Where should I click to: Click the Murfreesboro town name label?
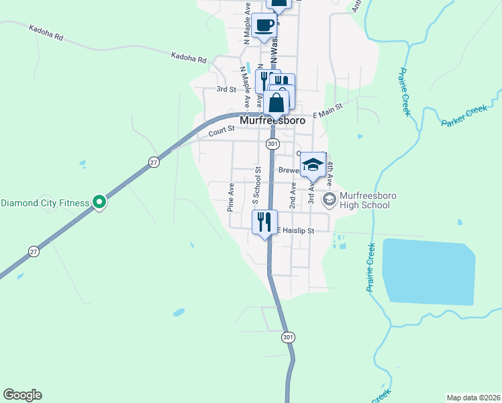click(x=272, y=121)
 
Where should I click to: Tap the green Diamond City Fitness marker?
click(x=99, y=201)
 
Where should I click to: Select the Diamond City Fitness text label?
click(x=45, y=203)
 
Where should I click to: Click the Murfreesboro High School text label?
click(x=364, y=199)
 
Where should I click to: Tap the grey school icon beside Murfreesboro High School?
click(x=330, y=199)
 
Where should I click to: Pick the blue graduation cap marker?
click(x=312, y=165)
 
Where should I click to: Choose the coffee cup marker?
click(x=264, y=26)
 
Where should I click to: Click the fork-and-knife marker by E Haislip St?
click(x=264, y=220)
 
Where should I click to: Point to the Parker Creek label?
click(x=464, y=116)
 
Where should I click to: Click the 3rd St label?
click(x=226, y=89)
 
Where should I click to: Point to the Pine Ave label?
click(x=231, y=197)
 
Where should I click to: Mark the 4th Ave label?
click(x=330, y=173)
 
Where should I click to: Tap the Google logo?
click(x=22, y=395)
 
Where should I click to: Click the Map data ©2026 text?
click(x=472, y=397)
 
